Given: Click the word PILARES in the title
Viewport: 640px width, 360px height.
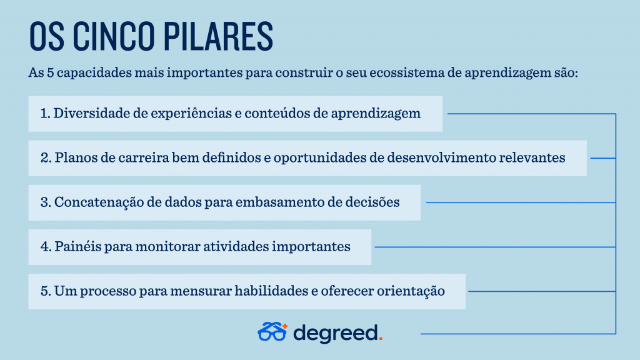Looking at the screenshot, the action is (x=219, y=36).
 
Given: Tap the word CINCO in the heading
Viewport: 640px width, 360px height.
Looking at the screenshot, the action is (x=114, y=36).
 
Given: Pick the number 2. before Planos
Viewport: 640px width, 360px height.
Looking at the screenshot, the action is (x=46, y=157).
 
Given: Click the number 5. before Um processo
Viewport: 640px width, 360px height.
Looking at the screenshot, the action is (x=46, y=291).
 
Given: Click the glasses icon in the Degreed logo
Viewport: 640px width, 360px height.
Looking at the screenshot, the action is (x=272, y=331).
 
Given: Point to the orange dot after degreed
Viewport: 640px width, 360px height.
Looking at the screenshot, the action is (x=381, y=338).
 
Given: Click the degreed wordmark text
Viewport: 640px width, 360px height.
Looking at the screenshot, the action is (x=336, y=334).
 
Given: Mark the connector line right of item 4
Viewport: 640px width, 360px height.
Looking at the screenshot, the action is (x=495, y=247).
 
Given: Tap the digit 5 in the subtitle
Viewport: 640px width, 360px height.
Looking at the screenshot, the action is (x=50, y=73).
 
